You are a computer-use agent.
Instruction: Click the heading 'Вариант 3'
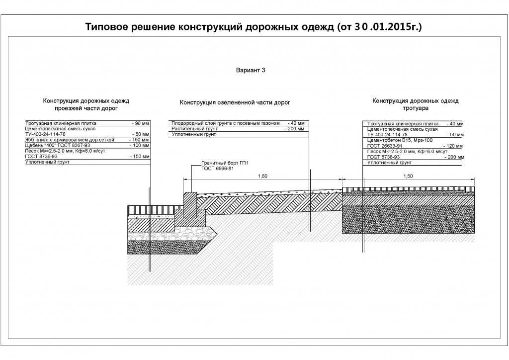point(251,70)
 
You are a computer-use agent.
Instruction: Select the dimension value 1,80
point(262,176)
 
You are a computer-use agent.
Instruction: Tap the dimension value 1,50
point(408,176)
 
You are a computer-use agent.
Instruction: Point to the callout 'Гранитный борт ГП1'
point(225,163)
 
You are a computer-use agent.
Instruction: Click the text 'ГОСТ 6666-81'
point(218,169)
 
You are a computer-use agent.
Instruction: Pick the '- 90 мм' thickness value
point(141,123)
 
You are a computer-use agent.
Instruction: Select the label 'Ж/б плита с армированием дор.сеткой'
point(70,140)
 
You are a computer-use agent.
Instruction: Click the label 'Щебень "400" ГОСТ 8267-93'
point(58,145)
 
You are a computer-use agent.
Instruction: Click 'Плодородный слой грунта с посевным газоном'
point(226,123)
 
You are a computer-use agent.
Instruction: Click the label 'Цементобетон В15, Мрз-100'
point(400,140)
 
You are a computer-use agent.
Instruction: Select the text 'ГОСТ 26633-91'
point(385,146)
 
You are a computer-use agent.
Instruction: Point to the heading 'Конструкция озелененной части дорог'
point(235,102)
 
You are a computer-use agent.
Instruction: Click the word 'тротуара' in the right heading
point(416,108)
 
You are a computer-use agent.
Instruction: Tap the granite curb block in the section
point(190,204)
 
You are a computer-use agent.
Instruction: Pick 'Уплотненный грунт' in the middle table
point(194,134)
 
